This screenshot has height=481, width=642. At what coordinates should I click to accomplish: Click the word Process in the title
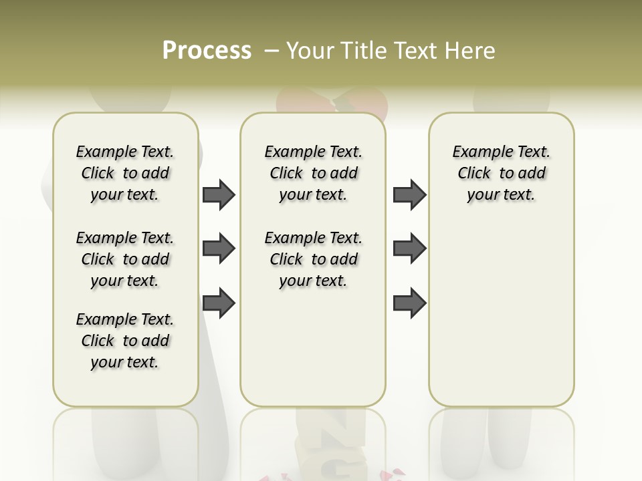[207, 50]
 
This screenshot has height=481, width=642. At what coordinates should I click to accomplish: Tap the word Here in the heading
[471, 50]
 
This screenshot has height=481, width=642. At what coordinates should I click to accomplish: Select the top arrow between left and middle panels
[219, 194]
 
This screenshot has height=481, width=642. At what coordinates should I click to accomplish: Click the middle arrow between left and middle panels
[219, 249]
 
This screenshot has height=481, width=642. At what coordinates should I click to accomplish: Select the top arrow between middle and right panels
[409, 194]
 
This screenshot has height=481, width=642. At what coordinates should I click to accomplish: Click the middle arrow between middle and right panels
[409, 249]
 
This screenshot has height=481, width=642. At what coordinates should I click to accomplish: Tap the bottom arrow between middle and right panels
[409, 303]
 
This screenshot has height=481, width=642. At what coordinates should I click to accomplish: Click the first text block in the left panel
[125, 173]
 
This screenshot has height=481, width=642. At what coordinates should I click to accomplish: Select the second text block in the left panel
[125, 259]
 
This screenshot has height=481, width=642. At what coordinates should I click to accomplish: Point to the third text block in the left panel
[125, 341]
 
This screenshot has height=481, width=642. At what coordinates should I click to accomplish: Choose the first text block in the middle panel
[313, 173]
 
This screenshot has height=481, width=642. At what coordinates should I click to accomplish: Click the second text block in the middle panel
[313, 259]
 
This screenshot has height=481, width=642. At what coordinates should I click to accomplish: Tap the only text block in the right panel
[501, 173]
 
